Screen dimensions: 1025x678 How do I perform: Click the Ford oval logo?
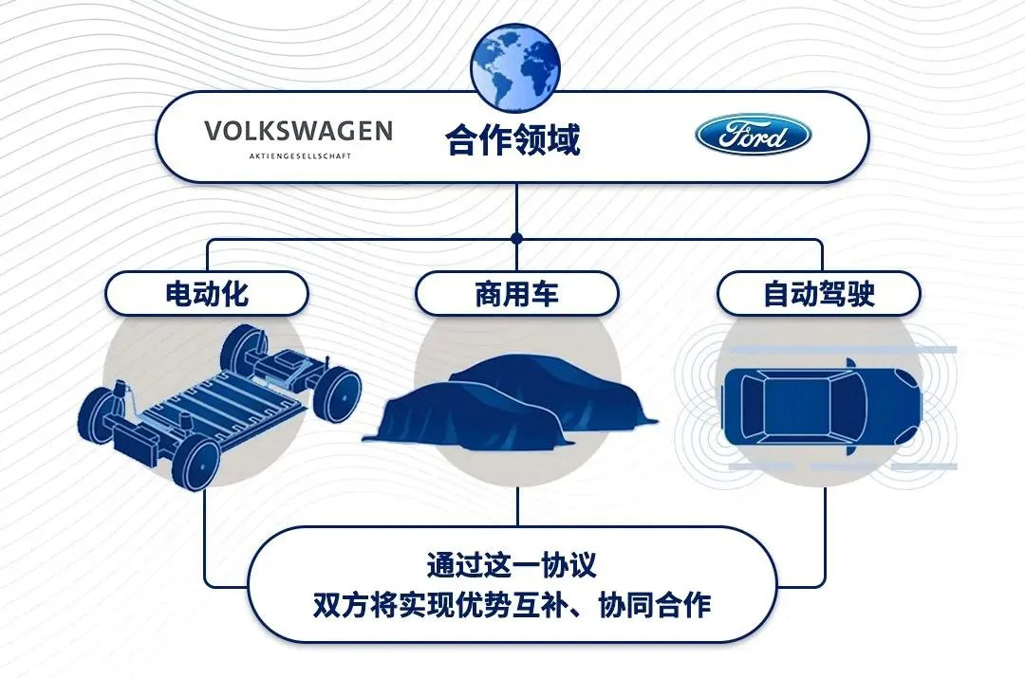pyautogui.click(x=753, y=136)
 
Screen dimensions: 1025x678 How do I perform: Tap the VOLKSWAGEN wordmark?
pyautogui.click(x=299, y=131)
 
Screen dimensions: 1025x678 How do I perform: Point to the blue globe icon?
pyautogui.click(x=515, y=68)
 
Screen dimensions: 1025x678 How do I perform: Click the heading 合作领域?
pyautogui.click(x=513, y=139)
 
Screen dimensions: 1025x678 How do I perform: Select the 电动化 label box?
pyautogui.click(x=207, y=293)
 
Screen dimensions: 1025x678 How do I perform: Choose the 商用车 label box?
pyautogui.click(x=516, y=293)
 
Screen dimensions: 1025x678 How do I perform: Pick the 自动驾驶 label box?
pyautogui.click(x=819, y=293)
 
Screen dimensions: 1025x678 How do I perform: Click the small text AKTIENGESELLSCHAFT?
pyautogui.click(x=300, y=156)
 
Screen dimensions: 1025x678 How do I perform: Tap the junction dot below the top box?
pyautogui.click(x=516, y=238)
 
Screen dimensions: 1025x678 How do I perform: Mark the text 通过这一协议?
pyautogui.click(x=512, y=564)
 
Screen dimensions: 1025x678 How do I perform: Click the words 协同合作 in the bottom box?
pyautogui.click(x=654, y=605)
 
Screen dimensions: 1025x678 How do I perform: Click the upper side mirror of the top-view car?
pyautogui.click(x=849, y=363)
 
